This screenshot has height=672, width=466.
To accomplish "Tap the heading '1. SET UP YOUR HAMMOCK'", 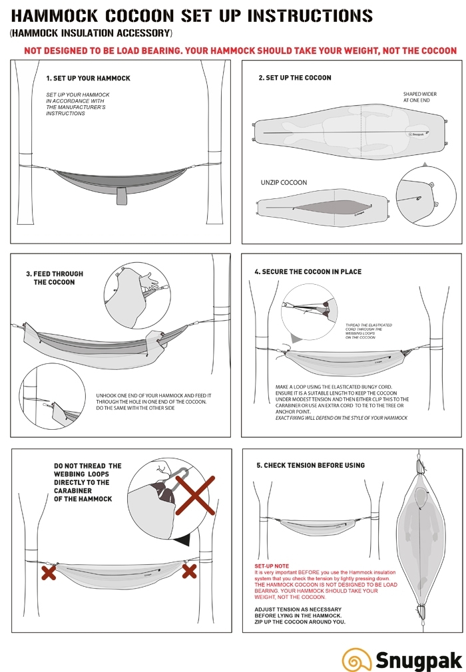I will coord(88,78).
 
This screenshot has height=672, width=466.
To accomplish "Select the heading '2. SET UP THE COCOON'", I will coord(294,78).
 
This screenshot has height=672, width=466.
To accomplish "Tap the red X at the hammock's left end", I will coord(48,572).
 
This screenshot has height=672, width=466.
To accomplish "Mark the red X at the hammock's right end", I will coord(189,570).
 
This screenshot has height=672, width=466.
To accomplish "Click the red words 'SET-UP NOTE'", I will coord(272,566).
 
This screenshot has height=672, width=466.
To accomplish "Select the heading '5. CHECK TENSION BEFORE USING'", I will coord(310,465).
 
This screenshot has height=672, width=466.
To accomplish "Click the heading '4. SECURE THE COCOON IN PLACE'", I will coord(308,272).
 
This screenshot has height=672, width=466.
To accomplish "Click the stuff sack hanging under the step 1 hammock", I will coord(120,195).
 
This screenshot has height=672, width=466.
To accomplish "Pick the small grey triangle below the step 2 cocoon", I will coord(425,162).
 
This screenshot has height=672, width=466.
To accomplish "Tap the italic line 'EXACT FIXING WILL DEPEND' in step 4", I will coord(341,418).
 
